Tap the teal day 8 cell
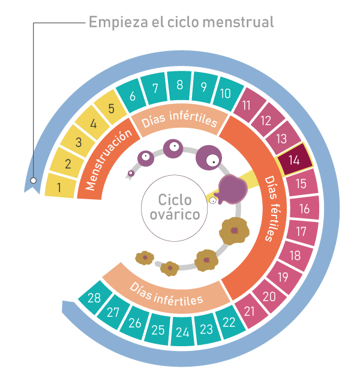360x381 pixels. (179, 85)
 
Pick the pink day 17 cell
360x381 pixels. (301, 232)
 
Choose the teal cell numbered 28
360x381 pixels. (94, 298)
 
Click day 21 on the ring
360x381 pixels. (250, 311)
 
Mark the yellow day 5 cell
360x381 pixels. (111, 110)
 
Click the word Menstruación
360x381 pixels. (108, 161)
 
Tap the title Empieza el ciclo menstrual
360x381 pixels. (181, 22)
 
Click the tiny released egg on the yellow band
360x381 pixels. (212, 201)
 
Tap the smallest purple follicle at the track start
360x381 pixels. (130, 174)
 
